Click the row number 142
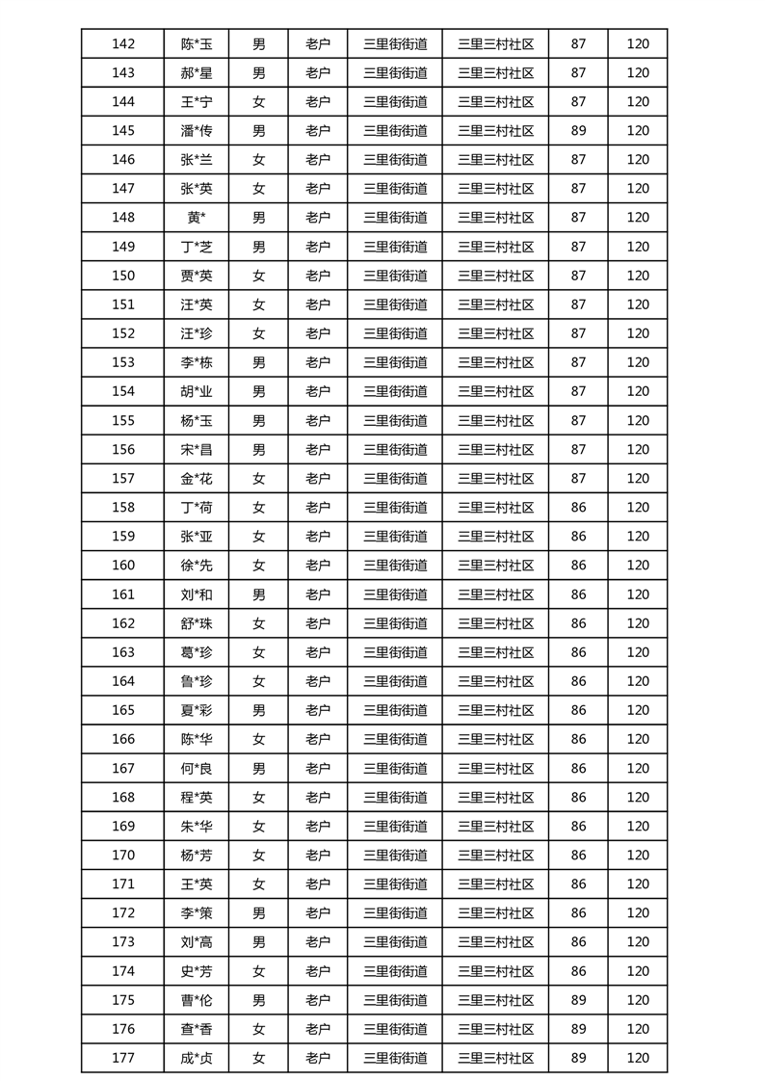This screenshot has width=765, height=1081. tap(123, 43)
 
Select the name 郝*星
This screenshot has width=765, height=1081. tap(197, 72)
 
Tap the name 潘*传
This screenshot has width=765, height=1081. tap(197, 131)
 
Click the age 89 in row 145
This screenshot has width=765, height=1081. tap(578, 131)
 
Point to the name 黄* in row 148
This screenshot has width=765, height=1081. tap(197, 218)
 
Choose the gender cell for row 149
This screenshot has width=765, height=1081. tap(258, 247)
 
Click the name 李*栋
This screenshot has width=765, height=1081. tap(197, 362)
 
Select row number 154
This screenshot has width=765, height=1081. tap(123, 391)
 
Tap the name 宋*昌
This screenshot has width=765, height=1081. tap(197, 449)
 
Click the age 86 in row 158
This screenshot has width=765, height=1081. tap(578, 507)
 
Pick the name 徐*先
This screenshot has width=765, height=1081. tap(197, 566)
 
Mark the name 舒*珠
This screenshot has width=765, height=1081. tap(197, 623)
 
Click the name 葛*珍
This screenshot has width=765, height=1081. tap(197, 652)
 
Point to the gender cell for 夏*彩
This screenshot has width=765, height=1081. tap(258, 710)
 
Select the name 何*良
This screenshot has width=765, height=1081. tap(197, 768)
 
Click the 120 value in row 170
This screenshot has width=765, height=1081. tap(638, 855)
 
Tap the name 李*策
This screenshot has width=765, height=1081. tap(197, 912)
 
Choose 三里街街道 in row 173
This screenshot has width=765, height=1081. tap(395, 941)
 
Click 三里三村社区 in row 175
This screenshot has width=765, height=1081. tap(495, 999)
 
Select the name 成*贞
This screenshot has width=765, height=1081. tap(197, 1058)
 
